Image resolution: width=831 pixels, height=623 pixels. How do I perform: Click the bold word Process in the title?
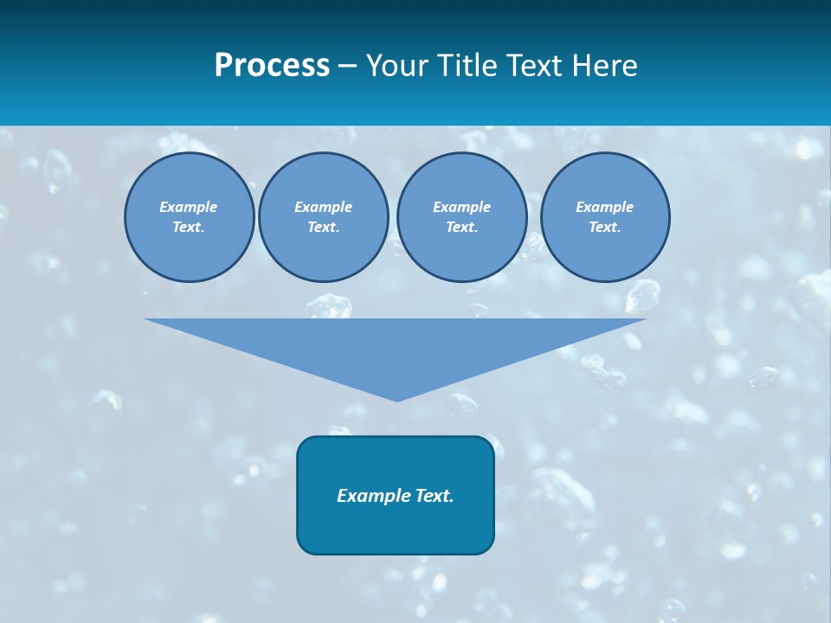pyautogui.click(x=272, y=66)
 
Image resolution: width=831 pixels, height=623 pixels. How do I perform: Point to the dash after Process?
pyautogui.click(x=347, y=67)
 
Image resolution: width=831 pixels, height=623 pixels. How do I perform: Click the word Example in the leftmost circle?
pyautogui.click(x=188, y=207)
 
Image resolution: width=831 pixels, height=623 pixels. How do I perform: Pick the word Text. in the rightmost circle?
pyautogui.click(x=605, y=228)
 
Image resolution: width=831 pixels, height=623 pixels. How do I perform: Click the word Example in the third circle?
pyautogui.click(x=461, y=207)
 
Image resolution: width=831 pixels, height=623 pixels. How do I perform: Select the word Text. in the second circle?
pyautogui.click(x=323, y=228)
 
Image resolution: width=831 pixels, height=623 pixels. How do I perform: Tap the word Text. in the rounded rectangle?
pyautogui.click(x=435, y=496)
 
